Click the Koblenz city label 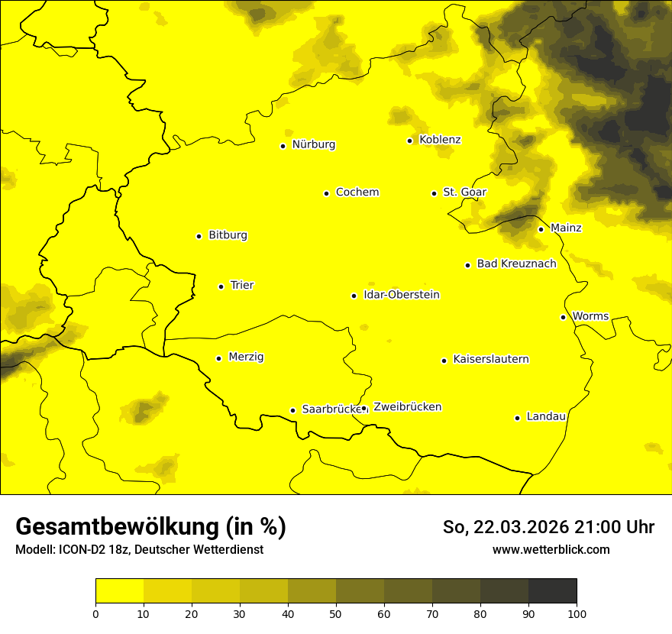[x=440, y=140]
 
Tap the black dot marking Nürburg [x=283, y=146]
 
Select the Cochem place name [x=357, y=192]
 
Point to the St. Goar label [x=464, y=192]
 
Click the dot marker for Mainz [x=541, y=229]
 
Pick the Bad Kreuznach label [x=516, y=264]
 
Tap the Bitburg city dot [x=199, y=236]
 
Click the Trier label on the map [x=241, y=286]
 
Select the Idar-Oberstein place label [x=402, y=295]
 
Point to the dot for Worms [x=563, y=317]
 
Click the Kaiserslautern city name [x=490, y=360]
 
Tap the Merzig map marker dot [x=218, y=358]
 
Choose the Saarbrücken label [x=330, y=409]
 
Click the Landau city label [x=546, y=417]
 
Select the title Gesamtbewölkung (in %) [x=150, y=527]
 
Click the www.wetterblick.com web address [x=551, y=550]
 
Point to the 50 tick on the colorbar [x=336, y=613]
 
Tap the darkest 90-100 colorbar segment [x=552, y=590]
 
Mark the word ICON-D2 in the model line [x=79, y=550]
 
